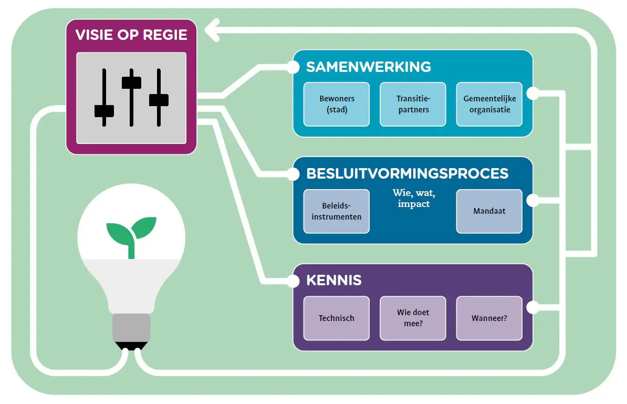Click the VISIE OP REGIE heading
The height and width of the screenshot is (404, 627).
pyautogui.click(x=131, y=35)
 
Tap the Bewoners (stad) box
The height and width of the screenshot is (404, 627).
pyautogui.click(x=337, y=104)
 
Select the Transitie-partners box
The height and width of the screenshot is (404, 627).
pyautogui.click(x=413, y=104)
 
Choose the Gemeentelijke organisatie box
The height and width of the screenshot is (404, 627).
pyautogui.click(x=489, y=104)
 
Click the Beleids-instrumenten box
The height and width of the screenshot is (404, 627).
pyautogui.click(x=337, y=211)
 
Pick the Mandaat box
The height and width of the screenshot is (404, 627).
pyautogui.click(x=489, y=211)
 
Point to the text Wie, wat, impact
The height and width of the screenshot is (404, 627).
pyautogui.click(x=414, y=198)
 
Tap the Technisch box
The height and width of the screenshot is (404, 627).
pyautogui.click(x=337, y=318)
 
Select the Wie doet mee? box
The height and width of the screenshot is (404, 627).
pyautogui.click(x=413, y=318)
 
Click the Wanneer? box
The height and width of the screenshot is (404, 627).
pyautogui.click(x=489, y=318)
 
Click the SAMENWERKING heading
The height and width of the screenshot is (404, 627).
pyautogui.click(x=369, y=67)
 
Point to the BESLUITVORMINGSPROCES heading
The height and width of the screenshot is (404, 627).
pyautogui.click(x=407, y=173)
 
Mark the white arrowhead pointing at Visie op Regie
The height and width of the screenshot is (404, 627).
pyautogui.click(x=212, y=32)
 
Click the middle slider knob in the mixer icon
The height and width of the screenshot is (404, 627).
pyautogui.click(x=131, y=82)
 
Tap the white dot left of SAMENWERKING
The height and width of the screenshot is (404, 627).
pyautogui.click(x=293, y=67)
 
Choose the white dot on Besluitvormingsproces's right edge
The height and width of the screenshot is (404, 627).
pyautogui.click(x=532, y=200)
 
